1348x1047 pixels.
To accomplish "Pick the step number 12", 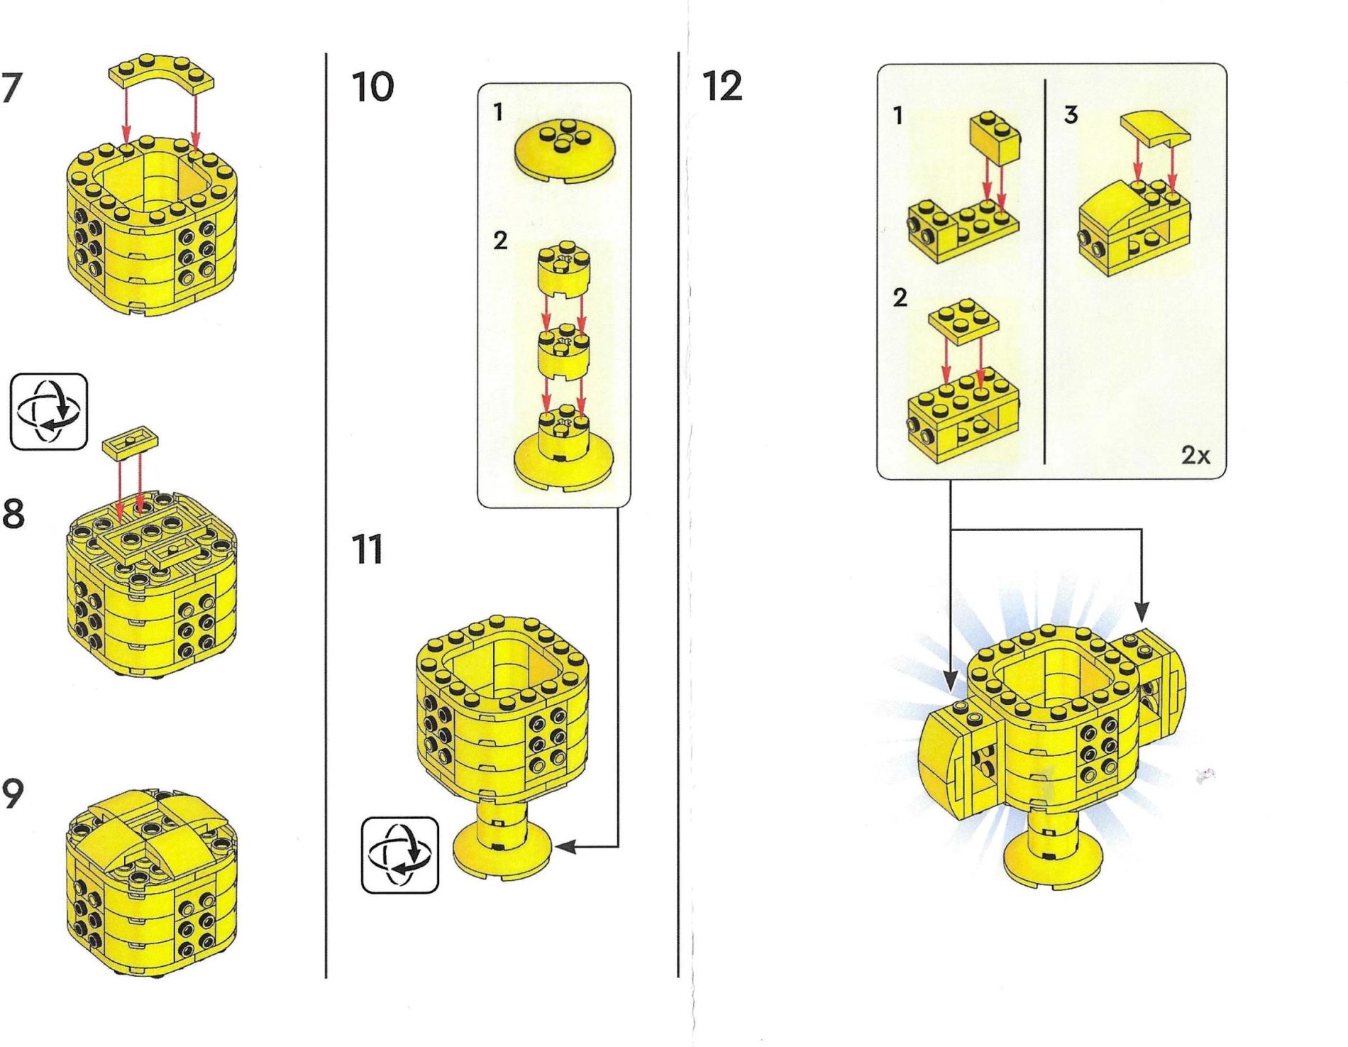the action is coord(722,87).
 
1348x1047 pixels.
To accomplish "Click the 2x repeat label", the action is coord(1196,456).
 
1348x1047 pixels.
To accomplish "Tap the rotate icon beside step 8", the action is coord(49,412).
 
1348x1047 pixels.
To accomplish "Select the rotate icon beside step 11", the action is coord(400,855).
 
